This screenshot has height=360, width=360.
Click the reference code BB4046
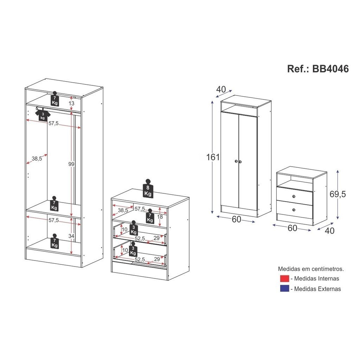(330, 69)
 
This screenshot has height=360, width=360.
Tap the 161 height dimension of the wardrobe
(213, 157)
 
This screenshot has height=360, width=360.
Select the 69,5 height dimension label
(337, 194)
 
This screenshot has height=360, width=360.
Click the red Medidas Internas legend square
(284, 278)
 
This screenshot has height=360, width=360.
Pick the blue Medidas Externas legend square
(284, 289)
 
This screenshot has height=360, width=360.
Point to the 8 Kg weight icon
(148, 188)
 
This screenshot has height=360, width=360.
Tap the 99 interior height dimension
(71, 164)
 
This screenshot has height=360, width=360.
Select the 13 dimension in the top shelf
(71, 103)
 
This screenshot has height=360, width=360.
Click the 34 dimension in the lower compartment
(71, 236)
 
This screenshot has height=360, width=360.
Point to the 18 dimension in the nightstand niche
(160, 217)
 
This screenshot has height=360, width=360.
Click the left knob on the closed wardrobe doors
(236, 161)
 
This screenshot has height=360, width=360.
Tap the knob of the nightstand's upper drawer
(294, 196)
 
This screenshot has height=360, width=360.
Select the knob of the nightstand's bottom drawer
(294, 210)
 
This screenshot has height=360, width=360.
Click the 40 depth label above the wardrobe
(221, 89)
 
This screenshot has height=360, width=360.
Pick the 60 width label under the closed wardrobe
(236, 219)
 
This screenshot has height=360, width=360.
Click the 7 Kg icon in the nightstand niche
(150, 216)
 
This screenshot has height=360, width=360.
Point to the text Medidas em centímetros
(311, 269)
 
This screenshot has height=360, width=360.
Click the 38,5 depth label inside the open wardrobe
(37, 159)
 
